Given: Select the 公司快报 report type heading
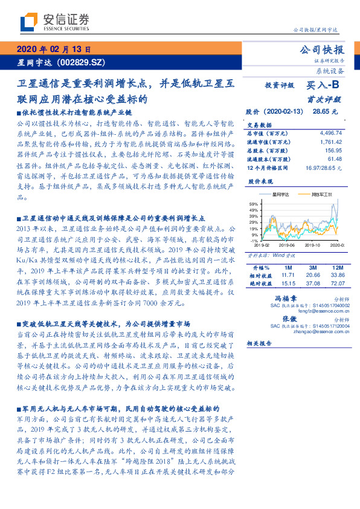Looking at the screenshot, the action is (x=322, y=50).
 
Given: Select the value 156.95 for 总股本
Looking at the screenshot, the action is (x=333, y=150).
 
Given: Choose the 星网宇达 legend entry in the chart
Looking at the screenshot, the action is (x=281, y=195).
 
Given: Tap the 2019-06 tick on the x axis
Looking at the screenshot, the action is (x=286, y=245).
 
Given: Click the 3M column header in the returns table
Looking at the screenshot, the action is (x=313, y=267).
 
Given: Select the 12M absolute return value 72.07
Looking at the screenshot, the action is (x=336, y=282).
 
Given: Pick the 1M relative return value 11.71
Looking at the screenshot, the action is (x=288, y=274).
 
